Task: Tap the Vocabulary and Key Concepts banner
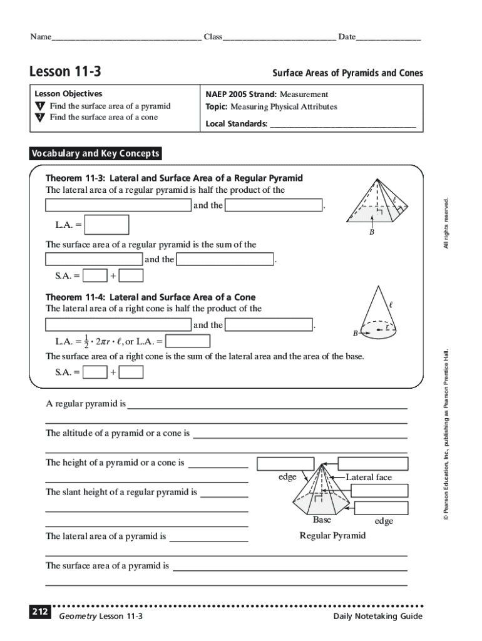[x=96, y=153]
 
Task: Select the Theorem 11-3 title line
[x=174, y=178]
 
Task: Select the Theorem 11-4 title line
[x=150, y=297]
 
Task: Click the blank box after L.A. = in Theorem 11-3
[x=107, y=224]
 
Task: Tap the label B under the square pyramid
[x=371, y=232]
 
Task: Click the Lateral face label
[x=369, y=478]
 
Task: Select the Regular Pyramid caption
[x=332, y=536]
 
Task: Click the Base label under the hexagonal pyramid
[x=322, y=520]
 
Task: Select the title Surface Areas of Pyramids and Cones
[x=347, y=73]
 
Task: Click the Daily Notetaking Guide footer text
[x=378, y=617]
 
